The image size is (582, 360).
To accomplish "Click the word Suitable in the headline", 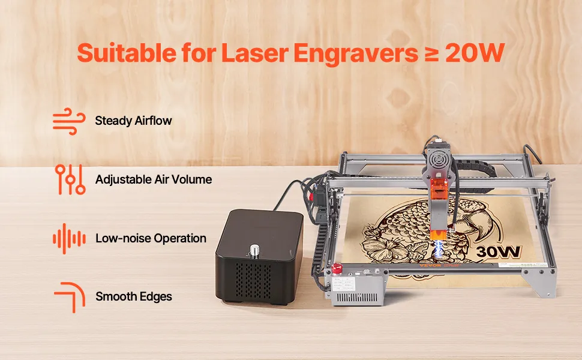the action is [127, 53].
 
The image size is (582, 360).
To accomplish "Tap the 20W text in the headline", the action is [475, 53].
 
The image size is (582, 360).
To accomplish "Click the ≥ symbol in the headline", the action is [431, 53].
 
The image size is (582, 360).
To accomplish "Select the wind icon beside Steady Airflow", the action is [69, 121].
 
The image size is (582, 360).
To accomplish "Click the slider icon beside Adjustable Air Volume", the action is [70, 179].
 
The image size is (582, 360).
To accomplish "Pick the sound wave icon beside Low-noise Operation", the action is [70, 239].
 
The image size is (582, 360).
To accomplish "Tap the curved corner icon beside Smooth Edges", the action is [70, 297].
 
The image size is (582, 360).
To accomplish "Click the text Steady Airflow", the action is [133, 121].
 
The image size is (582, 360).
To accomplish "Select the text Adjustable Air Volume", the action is [154, 179].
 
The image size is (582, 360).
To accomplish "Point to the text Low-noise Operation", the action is [151, 238].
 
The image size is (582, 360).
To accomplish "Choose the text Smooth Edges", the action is [134, 296].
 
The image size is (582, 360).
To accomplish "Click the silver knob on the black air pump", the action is [254, 251].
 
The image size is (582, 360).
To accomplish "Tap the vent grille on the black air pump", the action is [254, 281].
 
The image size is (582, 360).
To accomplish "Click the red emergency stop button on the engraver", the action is [337, 269].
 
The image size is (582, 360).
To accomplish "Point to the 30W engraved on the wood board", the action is [499, 251].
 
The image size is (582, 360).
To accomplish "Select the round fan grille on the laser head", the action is [440, 160].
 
